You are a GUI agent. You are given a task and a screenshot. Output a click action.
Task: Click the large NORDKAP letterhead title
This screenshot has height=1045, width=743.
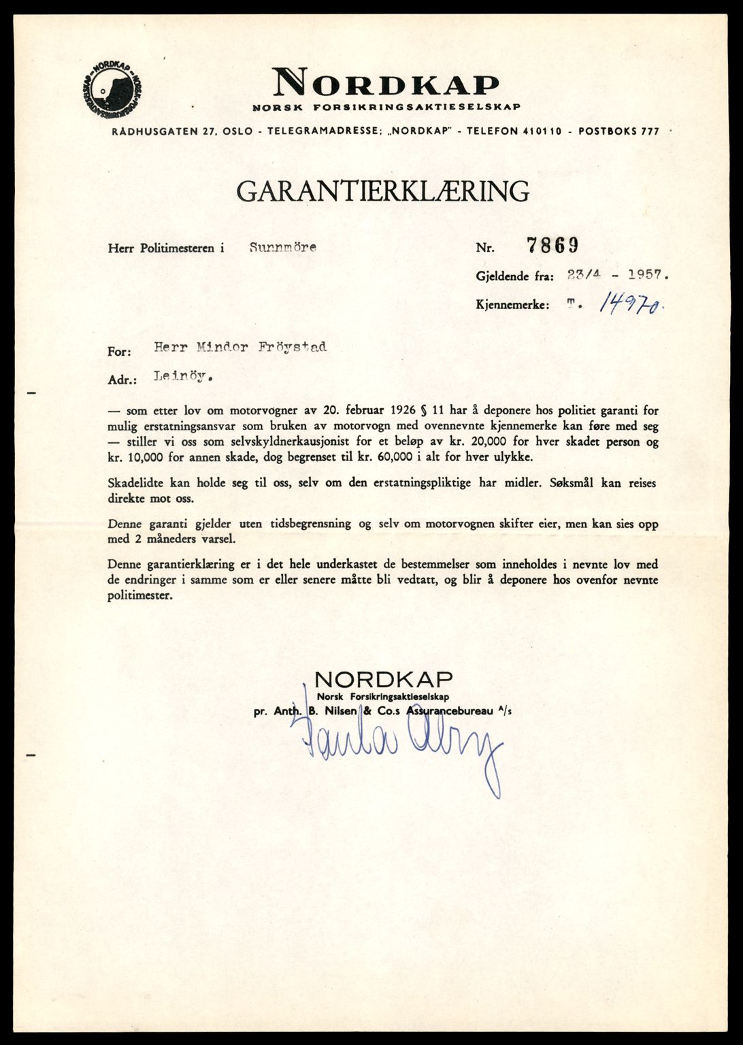coord(386,84)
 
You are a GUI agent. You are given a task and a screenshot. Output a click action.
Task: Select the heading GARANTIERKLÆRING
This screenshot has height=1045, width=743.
coord(382,191)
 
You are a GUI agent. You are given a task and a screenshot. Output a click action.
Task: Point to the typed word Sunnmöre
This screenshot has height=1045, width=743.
coord(282,248)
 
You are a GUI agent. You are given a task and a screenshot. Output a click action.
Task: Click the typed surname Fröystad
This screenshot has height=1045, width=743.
coord(295,347)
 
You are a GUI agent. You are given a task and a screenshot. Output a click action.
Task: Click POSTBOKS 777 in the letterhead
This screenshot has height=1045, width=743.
coord(618,131)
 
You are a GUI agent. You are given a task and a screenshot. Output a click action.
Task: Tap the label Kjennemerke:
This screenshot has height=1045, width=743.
coord(512,306)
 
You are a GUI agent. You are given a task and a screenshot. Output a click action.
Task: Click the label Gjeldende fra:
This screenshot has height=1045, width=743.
coord(514,277)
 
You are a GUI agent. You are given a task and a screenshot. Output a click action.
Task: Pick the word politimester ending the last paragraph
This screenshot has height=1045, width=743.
coord(140,596)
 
